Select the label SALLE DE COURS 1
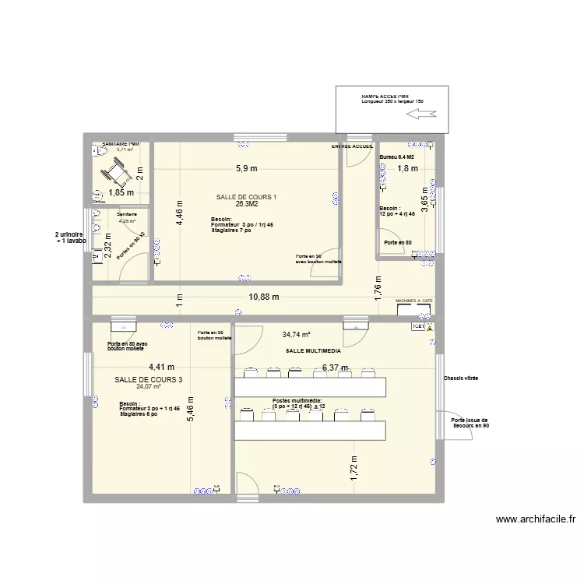247,197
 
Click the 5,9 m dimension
247,168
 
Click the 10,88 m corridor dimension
265,297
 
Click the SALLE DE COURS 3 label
148,380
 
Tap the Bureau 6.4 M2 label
396,157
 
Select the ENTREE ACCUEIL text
352,146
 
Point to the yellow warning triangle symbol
429,329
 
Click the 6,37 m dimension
334,368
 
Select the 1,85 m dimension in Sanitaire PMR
122,192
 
